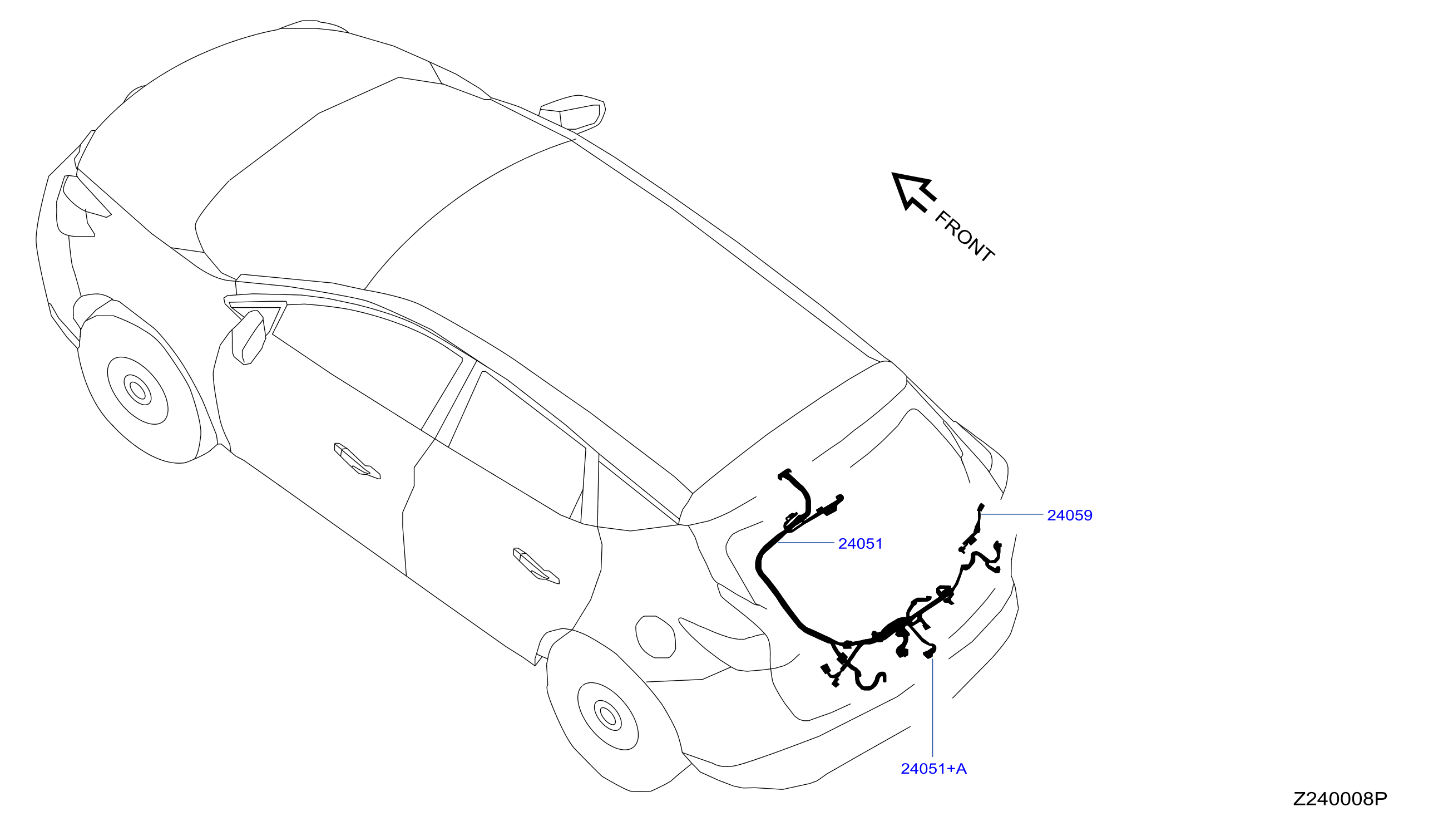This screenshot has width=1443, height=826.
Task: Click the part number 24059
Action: click(1069, 515)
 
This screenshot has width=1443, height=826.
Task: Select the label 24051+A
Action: click(933, 769)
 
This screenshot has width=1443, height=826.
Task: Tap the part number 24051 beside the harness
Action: click(859, 543)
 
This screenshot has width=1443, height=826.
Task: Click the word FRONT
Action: click(964, 236)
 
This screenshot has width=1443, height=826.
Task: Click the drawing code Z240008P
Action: click(1339, 799)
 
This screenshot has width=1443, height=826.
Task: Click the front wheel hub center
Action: click(138, 390)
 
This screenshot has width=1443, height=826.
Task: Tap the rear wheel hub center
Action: click(608, 716)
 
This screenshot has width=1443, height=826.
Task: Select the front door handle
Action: click(357, 459)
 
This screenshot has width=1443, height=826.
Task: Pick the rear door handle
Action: click(536, 565)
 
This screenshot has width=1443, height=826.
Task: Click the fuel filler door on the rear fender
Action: click(655, 637)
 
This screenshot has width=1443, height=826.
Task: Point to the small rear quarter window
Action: click(629, 499)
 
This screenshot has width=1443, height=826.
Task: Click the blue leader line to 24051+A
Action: click(933, 709)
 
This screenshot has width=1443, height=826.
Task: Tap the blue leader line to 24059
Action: click(1012, 514)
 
